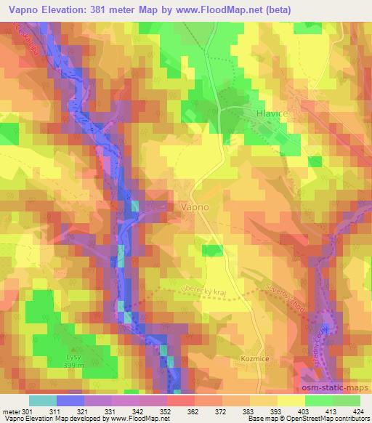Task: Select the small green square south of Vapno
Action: click(x=212, y=251)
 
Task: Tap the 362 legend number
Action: click(x=194, y=412)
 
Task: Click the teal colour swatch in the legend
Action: click(x=42, y=400)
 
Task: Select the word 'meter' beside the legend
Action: click(x=12, y=412)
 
